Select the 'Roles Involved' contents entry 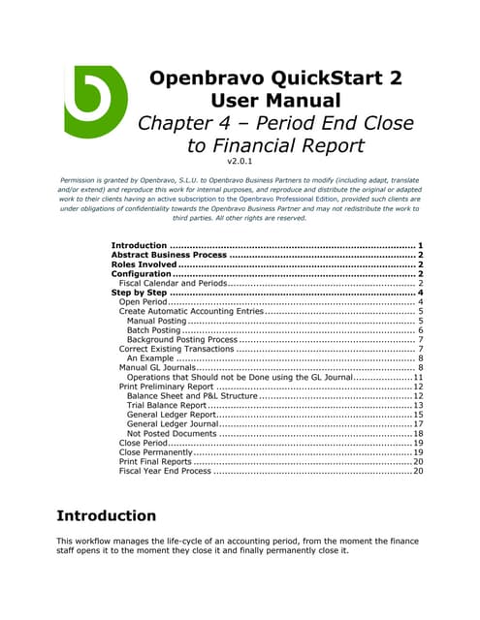(x=144, y=264)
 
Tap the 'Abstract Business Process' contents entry (x=170, y=254)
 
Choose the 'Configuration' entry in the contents (x=142, y=274)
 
